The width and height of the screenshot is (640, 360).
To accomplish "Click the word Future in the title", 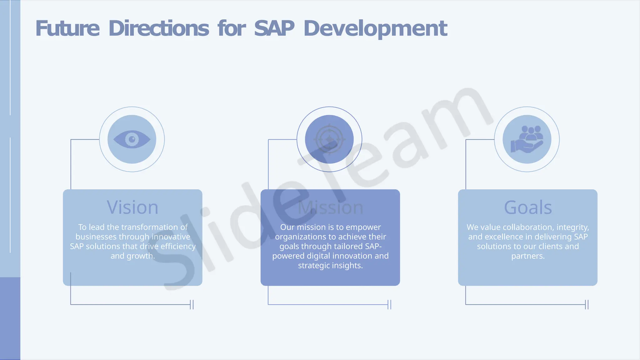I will tap(67, 28).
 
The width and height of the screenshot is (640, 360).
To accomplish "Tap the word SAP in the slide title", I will tap(274, 28).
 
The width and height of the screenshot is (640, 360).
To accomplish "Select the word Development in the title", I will tap(375, 29).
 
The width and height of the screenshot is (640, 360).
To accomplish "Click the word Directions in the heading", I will tap(159, 28).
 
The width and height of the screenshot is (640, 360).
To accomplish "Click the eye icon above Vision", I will tap(132, 139).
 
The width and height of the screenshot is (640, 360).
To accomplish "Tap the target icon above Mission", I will tap(329, 139).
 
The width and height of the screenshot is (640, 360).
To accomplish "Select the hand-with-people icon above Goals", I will tap(527, 139).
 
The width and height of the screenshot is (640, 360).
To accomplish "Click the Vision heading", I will tap(132, 207).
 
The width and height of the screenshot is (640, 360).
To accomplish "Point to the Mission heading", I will tap(330, 207).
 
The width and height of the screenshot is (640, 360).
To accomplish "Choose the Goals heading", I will tap(528, 207).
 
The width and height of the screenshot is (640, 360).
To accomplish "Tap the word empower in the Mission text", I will tap(363, 227).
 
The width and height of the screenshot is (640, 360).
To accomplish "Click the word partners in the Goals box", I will tap(528, 256).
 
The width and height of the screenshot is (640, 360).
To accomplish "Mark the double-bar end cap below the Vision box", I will tap(192, 304).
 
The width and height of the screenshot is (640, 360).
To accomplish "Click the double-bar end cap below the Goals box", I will tap(587, 304).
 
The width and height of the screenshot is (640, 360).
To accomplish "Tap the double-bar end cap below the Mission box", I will tap(389, 304).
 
